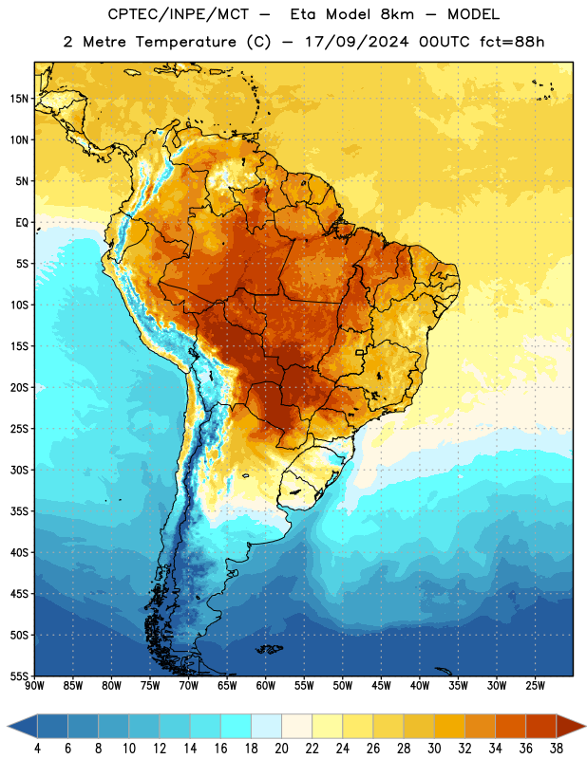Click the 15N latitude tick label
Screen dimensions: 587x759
click(19, 99)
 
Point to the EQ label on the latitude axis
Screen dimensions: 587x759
click(22, 223)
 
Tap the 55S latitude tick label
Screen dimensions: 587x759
click(19, 676)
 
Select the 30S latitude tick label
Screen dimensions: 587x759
click(19, 470)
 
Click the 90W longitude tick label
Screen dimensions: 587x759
click(34, 686)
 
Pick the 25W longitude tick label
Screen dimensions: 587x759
click(535, 686)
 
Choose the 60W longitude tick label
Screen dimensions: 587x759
click(266, 686)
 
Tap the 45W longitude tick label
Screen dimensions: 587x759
click(381, 686)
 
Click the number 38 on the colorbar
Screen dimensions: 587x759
click(557, 749)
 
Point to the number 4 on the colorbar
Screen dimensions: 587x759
click(37, 749)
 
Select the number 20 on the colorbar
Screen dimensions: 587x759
click(281, 749)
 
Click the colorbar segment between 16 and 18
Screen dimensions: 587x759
click(237, 726)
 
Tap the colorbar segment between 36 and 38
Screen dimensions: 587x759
click(541, 726)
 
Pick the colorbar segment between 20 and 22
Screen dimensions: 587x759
click(297, 726)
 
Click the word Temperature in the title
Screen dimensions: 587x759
click(185, 42)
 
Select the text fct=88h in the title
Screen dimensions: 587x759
click(512, 42)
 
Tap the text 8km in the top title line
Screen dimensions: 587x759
click(397, 14)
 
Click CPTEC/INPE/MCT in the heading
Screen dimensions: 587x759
click(178, 14)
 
